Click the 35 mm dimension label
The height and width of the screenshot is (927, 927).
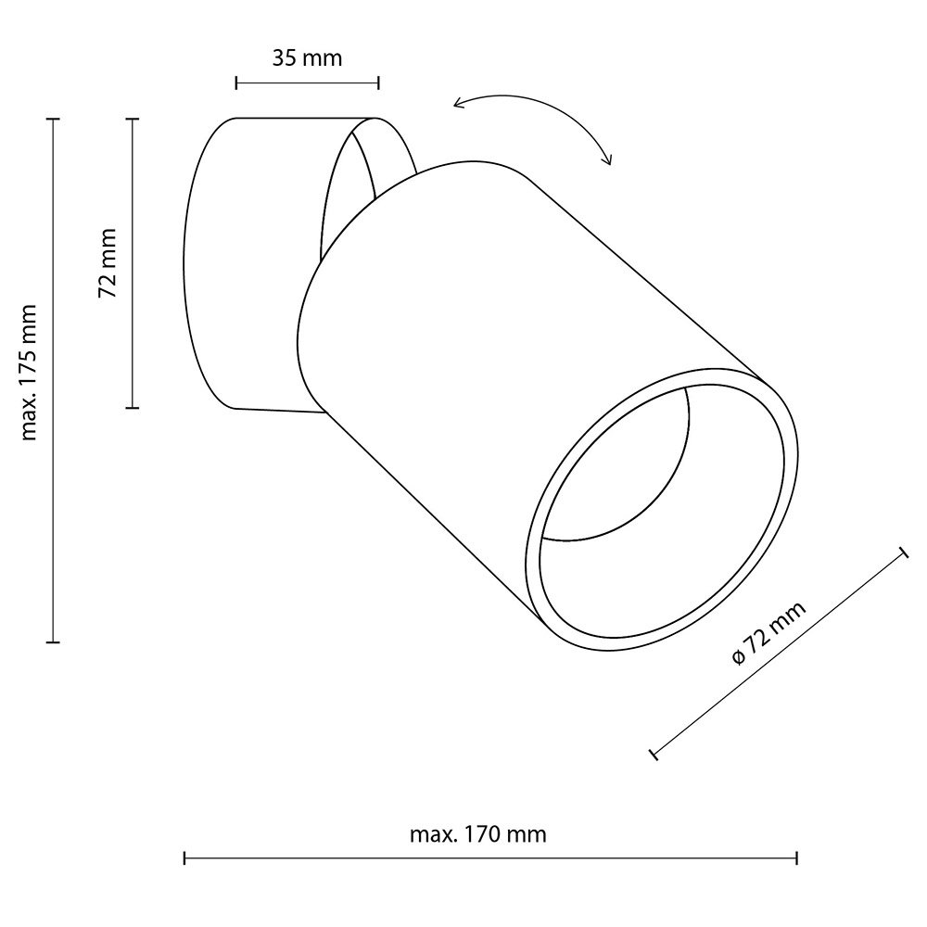click(307, 59)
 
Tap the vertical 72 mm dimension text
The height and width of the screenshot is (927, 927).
click(109, 263)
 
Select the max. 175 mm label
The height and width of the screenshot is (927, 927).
click(30, 372)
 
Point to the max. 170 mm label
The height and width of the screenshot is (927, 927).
click(477, 834)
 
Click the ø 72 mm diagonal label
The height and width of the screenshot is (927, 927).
click(768, 632)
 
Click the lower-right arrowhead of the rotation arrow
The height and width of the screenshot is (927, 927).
click(609, 162)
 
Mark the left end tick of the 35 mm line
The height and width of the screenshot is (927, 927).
click(237, 83)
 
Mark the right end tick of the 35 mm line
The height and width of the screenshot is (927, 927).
click(378, 83)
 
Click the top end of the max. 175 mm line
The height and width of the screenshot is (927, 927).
click(53, 120)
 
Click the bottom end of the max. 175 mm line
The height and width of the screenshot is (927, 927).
click(53, 641)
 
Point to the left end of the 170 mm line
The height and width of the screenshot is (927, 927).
click(185, 858)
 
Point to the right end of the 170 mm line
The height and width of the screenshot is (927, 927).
click(797, 858)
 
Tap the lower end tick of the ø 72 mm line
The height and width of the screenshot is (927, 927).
click(654, 755)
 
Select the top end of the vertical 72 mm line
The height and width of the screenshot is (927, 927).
click(133, 120)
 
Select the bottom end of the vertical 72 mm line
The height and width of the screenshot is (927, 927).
click(133, 407)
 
